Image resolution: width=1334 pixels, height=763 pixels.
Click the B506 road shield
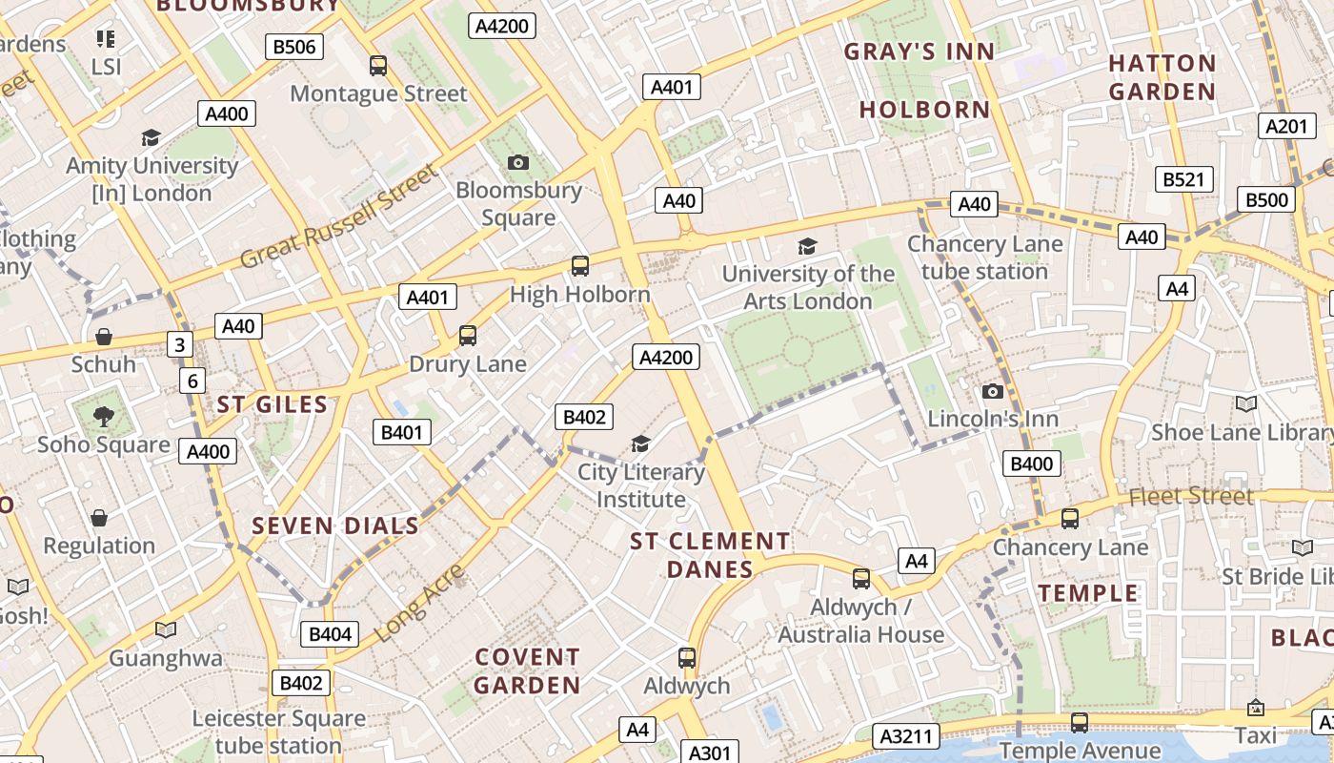coord(293,47)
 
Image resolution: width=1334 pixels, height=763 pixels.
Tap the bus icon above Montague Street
coord(378,66)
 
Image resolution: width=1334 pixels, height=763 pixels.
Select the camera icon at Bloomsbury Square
coord(518,162)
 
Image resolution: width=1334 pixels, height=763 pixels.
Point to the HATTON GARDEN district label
coord(1162,77)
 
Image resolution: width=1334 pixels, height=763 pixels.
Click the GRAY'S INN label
coord(919,52)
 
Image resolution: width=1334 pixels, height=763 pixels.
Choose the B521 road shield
coord(1184,178)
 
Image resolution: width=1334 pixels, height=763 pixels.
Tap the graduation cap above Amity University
coord(151,138)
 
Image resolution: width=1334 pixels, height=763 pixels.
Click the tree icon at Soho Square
coord(103,416)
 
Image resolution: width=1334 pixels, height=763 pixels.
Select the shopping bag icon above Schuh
coord(104,337)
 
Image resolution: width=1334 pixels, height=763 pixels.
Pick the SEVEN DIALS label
coord(335,526)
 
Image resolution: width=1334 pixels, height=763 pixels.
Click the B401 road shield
coord(401,432)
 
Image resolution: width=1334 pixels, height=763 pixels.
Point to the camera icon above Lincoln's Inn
coord(993,391)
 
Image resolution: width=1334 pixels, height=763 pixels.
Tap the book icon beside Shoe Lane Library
coord(1246,403)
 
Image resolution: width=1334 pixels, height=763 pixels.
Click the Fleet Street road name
coord(1191,496)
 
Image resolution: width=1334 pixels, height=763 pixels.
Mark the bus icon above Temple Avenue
coord(1079,723)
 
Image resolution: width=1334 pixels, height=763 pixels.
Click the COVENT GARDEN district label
coord(527,670)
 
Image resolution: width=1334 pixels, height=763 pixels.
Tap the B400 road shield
coord(1032,464)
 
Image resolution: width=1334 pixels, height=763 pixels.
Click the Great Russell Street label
coord(339,217)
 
